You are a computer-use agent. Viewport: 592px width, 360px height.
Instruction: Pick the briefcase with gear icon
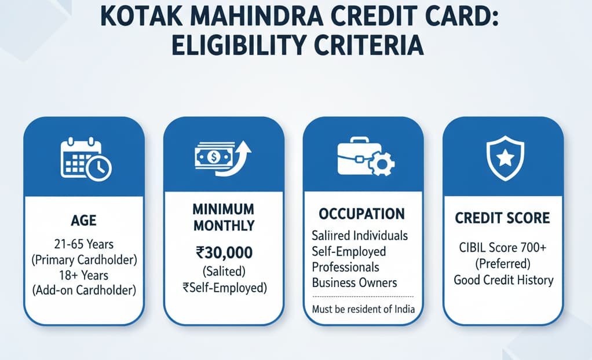click(365, 157)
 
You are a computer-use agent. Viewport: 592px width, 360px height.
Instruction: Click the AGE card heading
click(84, 221)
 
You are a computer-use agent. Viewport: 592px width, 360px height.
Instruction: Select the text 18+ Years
click(84, 274)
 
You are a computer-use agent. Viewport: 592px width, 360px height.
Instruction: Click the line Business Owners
click(354, 283)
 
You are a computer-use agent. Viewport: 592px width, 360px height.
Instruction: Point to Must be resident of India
click(363, 309)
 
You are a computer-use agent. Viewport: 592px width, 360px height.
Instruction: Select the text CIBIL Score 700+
click(502, 249)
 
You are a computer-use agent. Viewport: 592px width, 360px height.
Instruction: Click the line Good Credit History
click(502, 280)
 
